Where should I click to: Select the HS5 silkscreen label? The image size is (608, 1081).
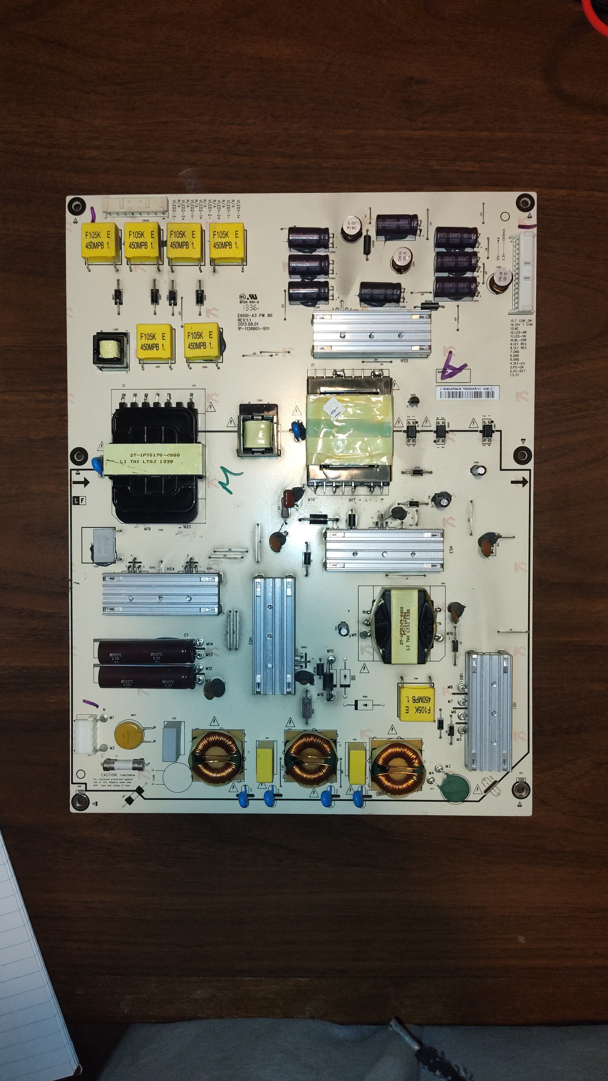click(x=404, y=361)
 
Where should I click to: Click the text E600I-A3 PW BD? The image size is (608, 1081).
click(x=255, y=315)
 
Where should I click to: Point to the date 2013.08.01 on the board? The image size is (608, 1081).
click(x=248, y=324)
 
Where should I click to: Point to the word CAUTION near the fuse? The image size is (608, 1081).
click(x=109, y=775)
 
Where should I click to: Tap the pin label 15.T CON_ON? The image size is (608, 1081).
click(x=521, y=321)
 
